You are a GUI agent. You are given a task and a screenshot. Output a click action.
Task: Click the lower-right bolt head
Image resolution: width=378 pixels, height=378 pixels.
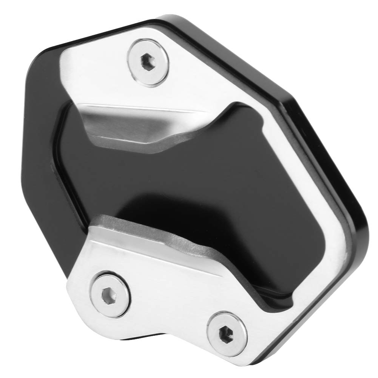click(x=225, y=329)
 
